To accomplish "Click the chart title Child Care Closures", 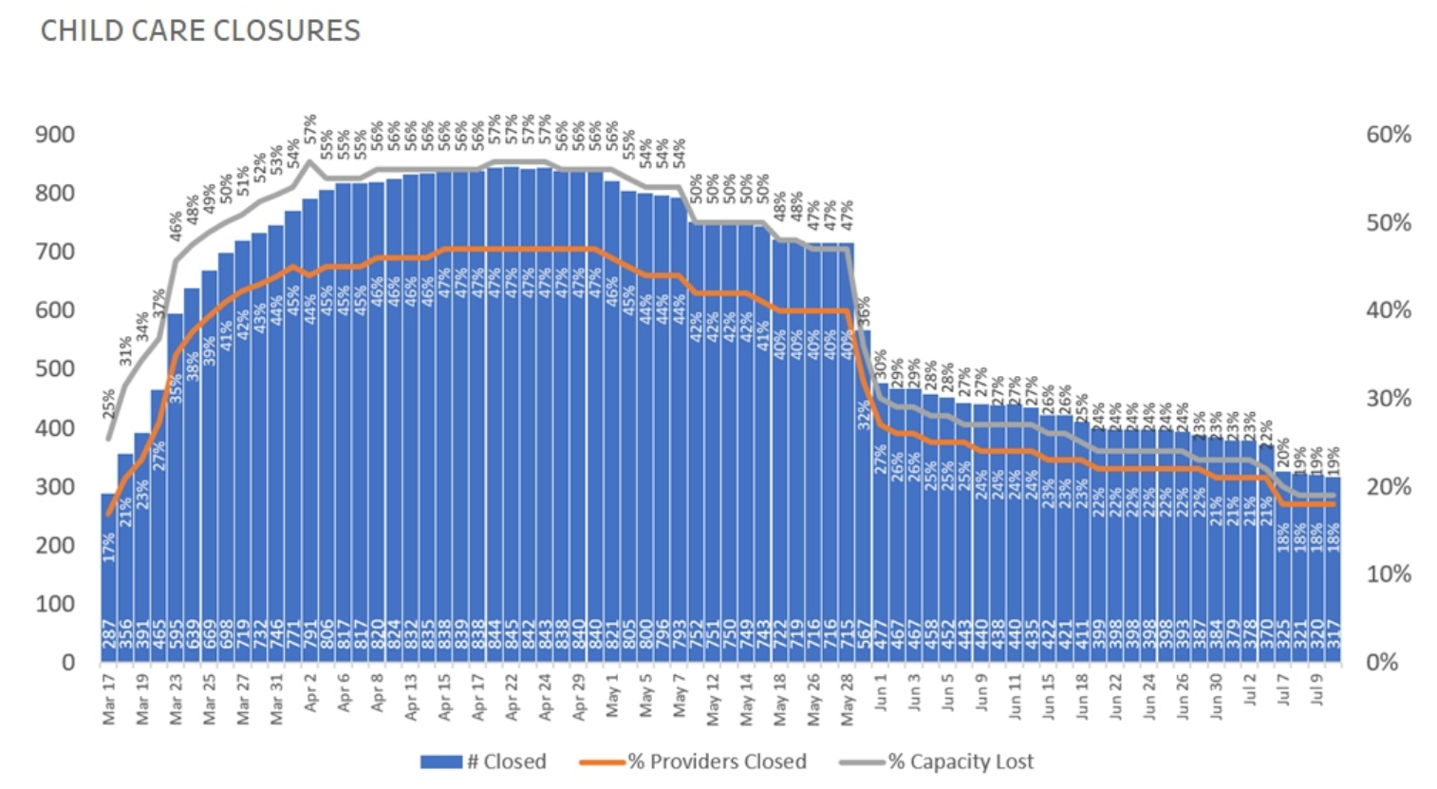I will point(200,30).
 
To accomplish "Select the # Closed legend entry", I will point(484,761).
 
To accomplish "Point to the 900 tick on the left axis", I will point(54,135).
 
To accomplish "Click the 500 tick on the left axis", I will point(54,369).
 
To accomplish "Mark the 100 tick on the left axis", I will point(54,604).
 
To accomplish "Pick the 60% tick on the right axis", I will point(1389,135).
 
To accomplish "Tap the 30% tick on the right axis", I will point(1389,399).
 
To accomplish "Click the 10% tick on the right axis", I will point(1389,574).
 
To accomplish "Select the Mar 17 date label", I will point(109,701).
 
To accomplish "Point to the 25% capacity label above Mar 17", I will point(109,404).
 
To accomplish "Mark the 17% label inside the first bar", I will point(109,546).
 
